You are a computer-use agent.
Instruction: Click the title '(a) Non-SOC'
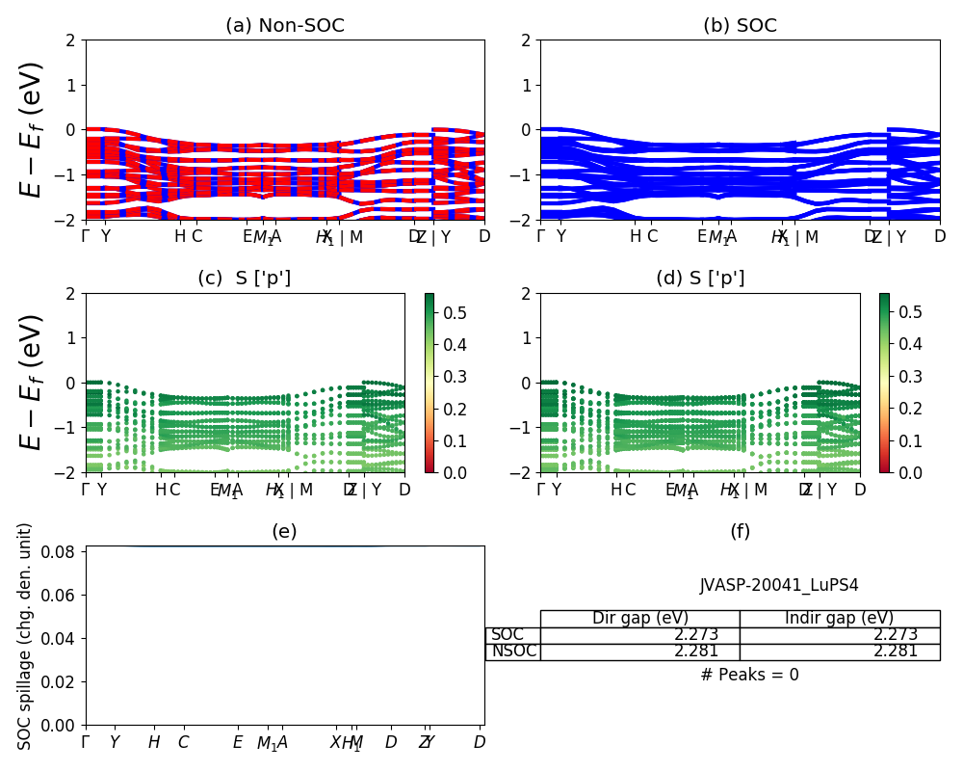(x=284, y=26)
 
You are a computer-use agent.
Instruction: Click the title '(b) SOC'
(x=740, y=26)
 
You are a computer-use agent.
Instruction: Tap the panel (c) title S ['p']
(x=245, y=279)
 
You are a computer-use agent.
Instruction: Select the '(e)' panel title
(x=284, y=531)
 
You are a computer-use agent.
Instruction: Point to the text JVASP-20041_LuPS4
(x=779, y=585)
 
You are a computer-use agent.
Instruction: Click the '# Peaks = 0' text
(x=749, y=675)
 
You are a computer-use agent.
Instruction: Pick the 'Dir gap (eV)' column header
(x=640, y=618)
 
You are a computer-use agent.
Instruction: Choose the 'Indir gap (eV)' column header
(x=839, y=618)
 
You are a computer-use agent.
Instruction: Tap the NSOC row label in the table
(x=513, y=651)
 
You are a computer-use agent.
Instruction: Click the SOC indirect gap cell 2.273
(x=896, y=635)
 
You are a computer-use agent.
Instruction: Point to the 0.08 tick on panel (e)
(x=64, y=552)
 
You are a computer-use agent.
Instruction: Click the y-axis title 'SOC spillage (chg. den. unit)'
(x=25, y=636)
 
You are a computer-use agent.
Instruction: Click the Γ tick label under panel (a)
(x=86, y=237)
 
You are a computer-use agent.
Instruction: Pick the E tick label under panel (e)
(x=238, y=742)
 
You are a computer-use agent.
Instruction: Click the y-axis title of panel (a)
(x=33, y=129)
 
